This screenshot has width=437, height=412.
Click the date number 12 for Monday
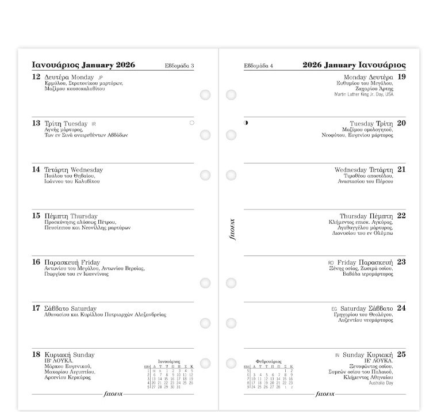36,77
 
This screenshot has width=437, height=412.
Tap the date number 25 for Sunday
401,354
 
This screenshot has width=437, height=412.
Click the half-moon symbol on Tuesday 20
246,123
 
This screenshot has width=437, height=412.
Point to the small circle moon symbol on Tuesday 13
191,123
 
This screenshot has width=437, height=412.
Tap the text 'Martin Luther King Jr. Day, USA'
363,94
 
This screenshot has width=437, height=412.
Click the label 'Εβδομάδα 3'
179,66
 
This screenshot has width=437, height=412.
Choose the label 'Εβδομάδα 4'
258,66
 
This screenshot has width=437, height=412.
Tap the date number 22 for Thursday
401,216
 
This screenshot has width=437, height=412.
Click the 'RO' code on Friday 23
331,263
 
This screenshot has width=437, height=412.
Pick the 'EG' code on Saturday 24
334,309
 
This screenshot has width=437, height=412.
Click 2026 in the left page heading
125,65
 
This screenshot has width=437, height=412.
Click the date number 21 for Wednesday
401,169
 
